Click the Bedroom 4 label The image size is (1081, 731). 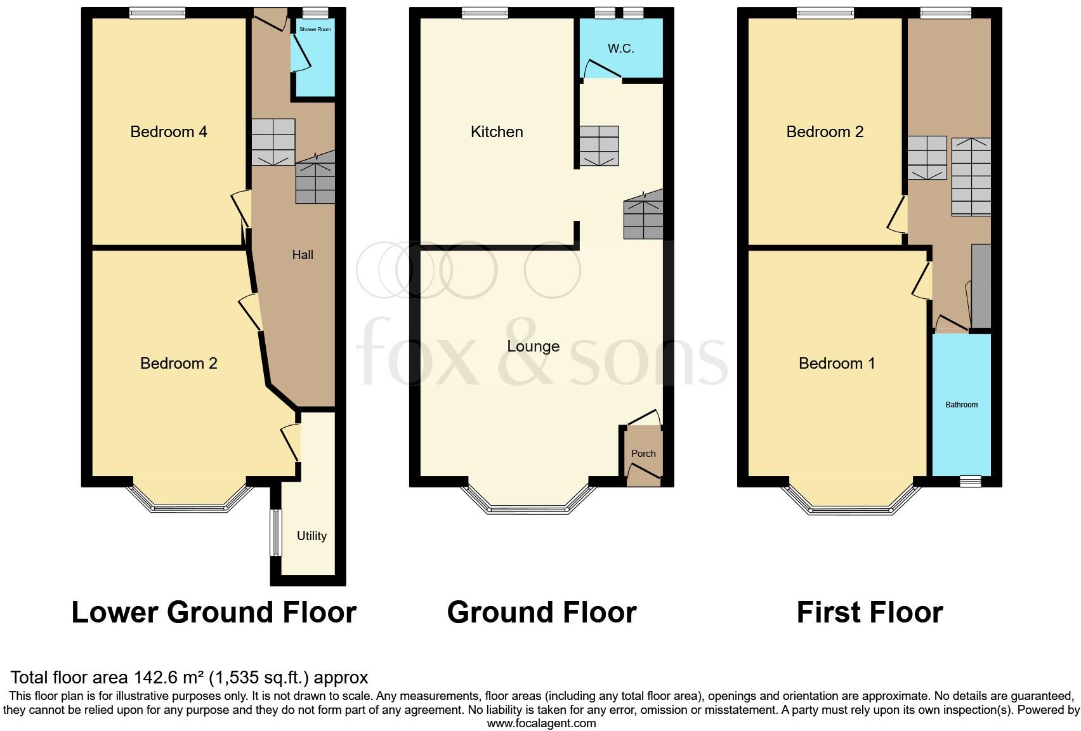click(x=169, y=132)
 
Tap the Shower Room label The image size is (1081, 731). click(x=315, y=29)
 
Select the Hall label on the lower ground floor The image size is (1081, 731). click(x=303, y=255)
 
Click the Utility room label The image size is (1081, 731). click(x=311, y=536)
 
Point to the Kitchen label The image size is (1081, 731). click(x=497, y=132)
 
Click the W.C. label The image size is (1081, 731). click(x=620, y=49)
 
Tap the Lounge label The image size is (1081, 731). click(x=533, y=346)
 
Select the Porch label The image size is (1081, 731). click(x=643, y=454)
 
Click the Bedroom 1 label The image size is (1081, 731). click(x=837, y=364)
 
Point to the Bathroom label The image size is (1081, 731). click(x=961, y=405)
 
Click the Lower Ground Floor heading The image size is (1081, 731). click(x=214, y=613)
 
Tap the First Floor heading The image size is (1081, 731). click(x=869, y=613)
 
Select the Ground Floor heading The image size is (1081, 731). click(x=542, y=613)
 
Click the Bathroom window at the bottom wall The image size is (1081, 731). click(x=969, y=482)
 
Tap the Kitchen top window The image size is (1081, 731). click(x=485, y=13)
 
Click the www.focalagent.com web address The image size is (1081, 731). click(x=541, y=723)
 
